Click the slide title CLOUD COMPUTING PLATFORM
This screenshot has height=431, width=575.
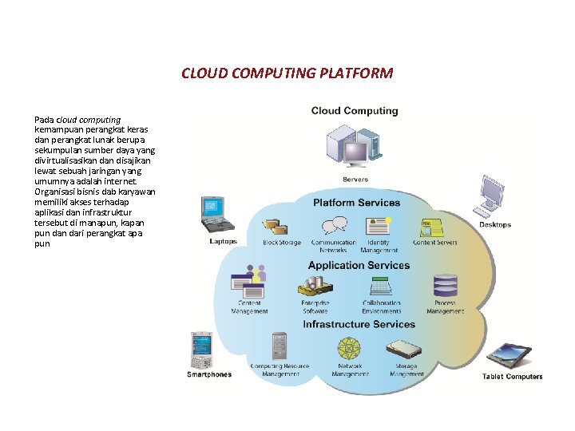(x=287, y=73)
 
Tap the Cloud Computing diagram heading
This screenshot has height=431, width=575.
(x=355, y=111)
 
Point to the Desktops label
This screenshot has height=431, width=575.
(x=495, y=225)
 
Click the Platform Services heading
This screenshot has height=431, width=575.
(x=356, y=203)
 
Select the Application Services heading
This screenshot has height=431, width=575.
(x=359, y=266)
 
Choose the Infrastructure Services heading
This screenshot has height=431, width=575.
(x=359, y=325)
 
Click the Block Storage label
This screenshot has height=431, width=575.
(x=282, y=243)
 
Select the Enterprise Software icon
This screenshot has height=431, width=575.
(x=314, y=286)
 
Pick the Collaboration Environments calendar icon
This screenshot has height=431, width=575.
(x=381, y=286)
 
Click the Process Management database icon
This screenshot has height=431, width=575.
(x=444, y=286)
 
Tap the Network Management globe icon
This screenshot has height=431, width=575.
(x=349, y=350)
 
